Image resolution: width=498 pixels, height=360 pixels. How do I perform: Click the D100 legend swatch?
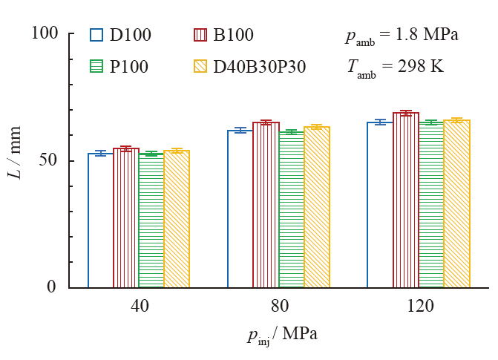click(96, 35)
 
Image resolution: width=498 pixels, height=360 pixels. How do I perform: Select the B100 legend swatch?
click(200, 35)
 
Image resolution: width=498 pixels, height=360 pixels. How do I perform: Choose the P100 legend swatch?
click(96, 67)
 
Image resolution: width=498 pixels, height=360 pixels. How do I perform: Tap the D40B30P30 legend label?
click(260, 67)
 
